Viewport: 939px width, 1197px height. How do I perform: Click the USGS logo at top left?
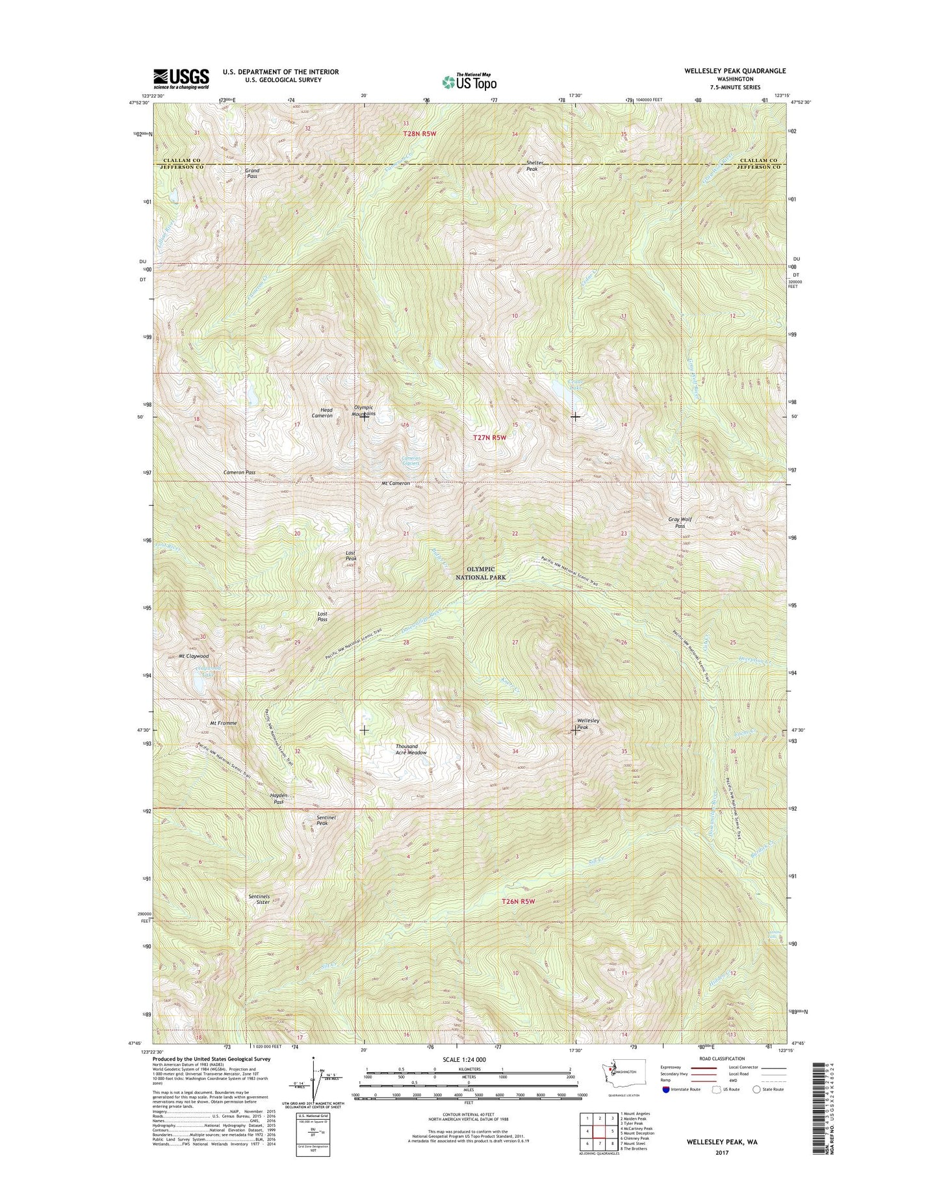pos(181,79)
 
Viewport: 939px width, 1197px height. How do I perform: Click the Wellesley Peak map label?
pos(588,724)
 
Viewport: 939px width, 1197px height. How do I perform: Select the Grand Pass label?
pos(252,174)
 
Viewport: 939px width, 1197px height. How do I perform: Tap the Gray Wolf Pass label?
pos(680,522)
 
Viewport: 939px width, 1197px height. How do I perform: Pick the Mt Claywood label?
pos(194,656)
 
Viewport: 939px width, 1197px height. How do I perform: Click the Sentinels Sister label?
pos(259,899)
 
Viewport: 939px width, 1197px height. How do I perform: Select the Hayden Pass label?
pos(278,799)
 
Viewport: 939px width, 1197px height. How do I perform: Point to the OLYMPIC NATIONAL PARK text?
pos(480,573)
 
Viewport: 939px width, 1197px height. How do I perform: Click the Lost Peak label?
pos(351,556)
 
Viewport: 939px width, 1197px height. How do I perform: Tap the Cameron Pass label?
pos(239,472)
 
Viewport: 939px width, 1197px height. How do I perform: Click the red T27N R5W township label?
pos(489,437)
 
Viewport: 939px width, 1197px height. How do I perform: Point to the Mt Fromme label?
pos(223,723)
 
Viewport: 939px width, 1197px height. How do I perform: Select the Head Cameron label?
pos(322,413)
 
